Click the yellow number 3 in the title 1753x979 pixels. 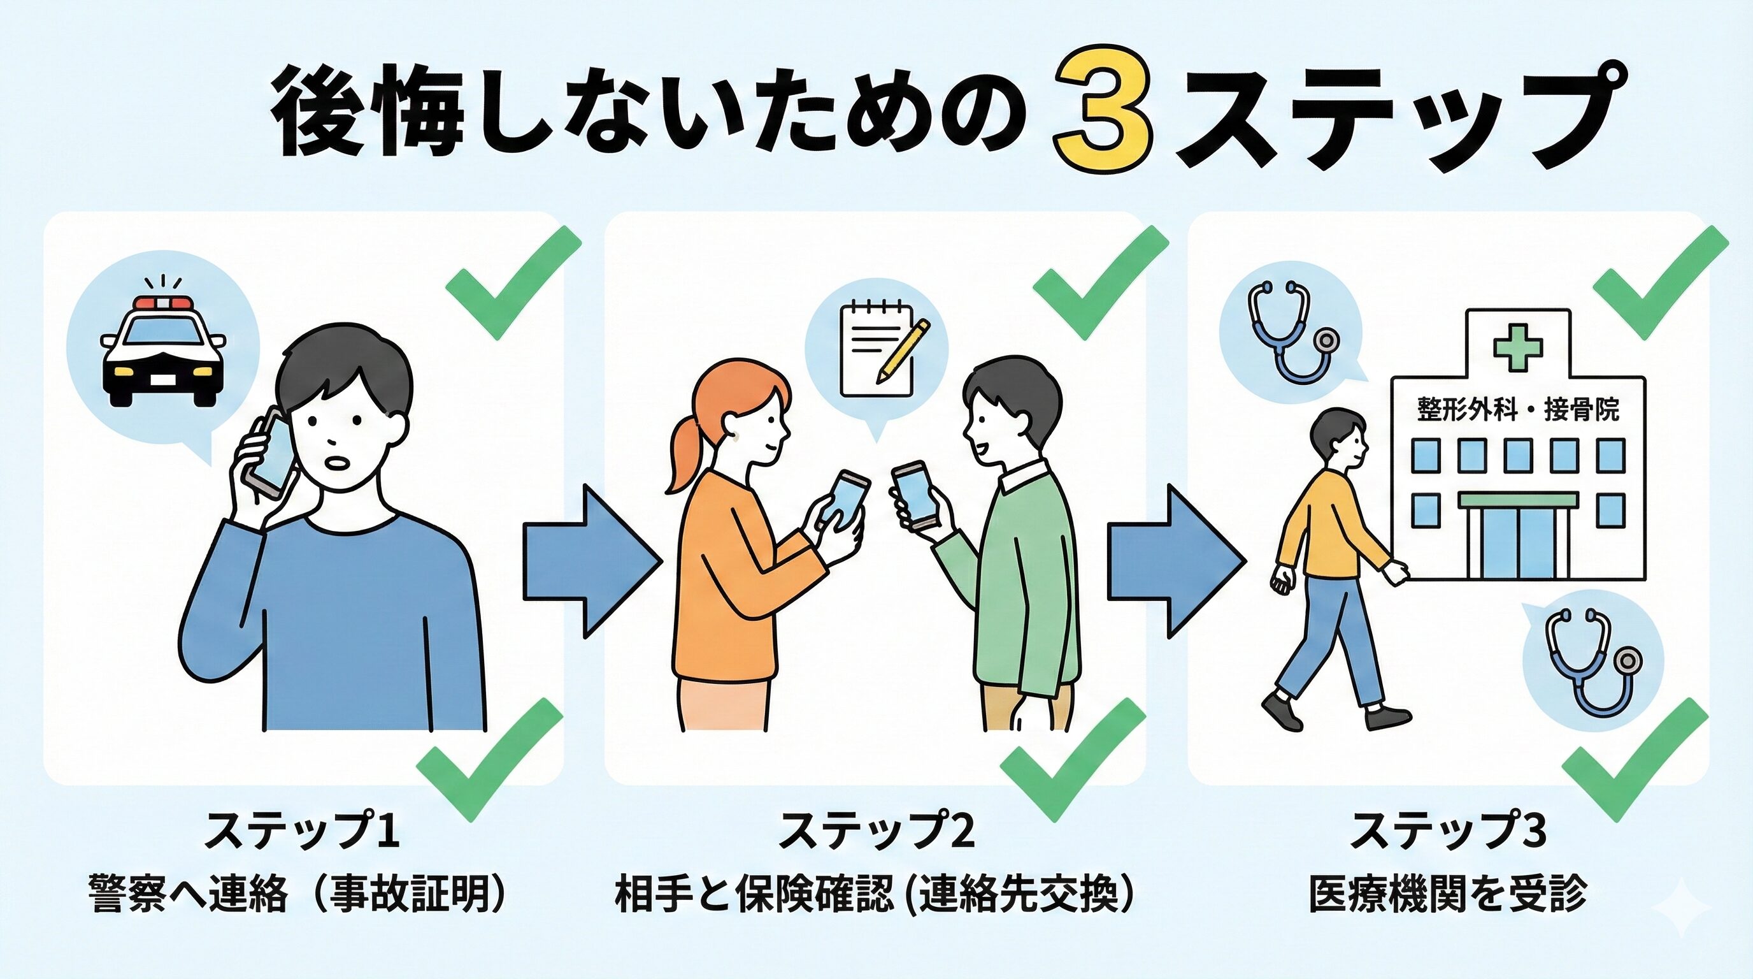point(1102,116)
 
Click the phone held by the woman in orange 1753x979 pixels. point(844,502)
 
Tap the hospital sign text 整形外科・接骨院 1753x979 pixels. point(1517,409)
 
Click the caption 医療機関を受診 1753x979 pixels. point(1447,893)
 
